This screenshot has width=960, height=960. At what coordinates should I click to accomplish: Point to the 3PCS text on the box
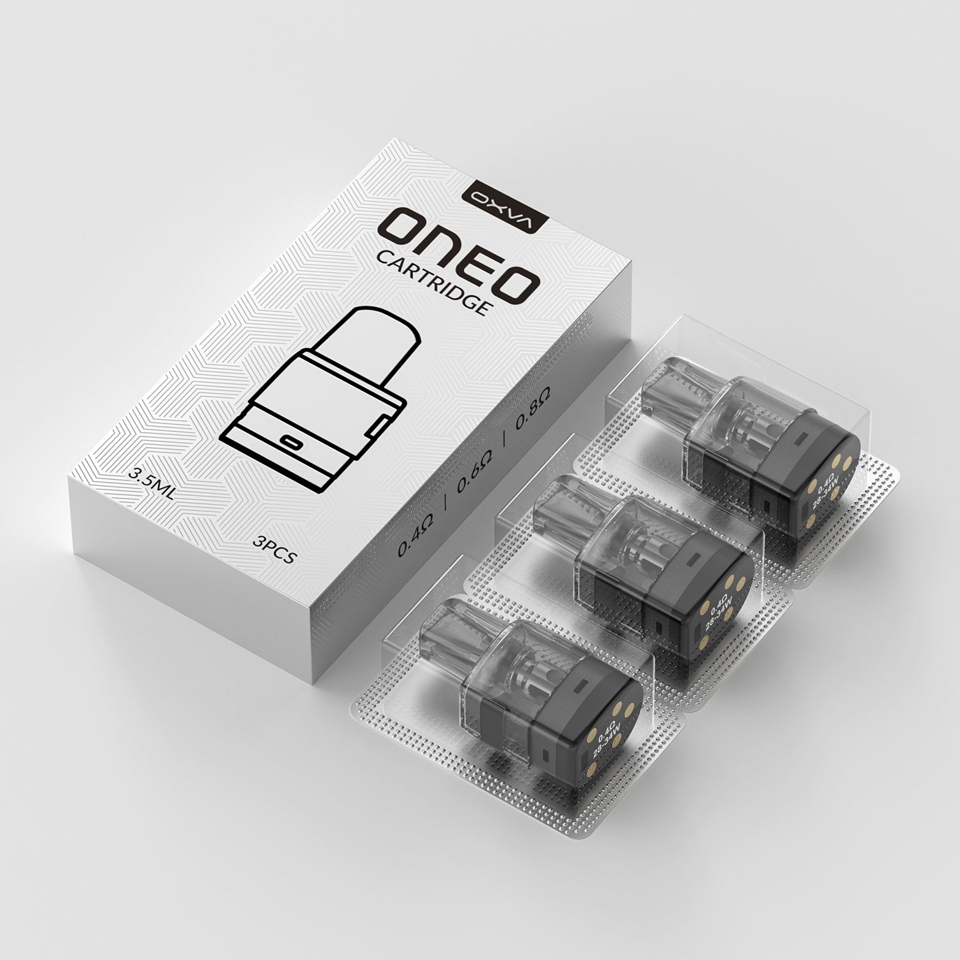[274, 550]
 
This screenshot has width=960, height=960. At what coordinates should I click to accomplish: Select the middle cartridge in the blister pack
[659, 563]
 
